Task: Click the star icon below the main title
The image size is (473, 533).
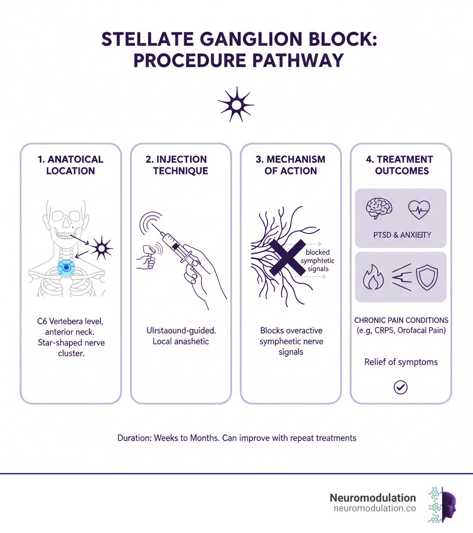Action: (x=236, y=105)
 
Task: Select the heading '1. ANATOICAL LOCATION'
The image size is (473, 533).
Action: (x=71, y=165)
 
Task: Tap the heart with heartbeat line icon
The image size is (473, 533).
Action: (x=419, y=210)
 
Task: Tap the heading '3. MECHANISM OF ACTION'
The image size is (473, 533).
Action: (x=291, y=165)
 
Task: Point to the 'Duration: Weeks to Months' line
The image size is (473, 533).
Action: (x=236, y=437)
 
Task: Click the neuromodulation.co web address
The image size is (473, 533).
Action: (x=374, y=509)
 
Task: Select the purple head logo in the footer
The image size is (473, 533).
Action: (x=445, y=504)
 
